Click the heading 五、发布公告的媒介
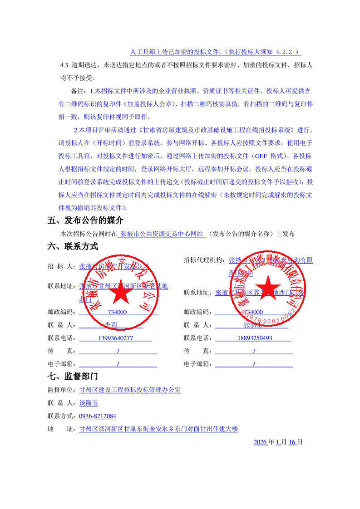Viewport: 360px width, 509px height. (x=85, y=221)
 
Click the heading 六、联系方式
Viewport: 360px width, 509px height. (x=73, y=247)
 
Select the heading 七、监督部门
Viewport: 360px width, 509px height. (x=73, y=377)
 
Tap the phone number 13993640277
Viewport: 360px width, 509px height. (x=115, y=338)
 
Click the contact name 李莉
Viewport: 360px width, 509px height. (x=111, y=325)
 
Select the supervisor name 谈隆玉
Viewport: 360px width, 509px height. (x=89, y=403)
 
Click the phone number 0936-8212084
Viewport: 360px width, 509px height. (x=98, y=416)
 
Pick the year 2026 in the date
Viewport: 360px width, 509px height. (x=260, y=442)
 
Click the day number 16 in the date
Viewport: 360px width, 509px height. (x=292, y=442)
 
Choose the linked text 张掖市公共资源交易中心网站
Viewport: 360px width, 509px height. (x=162, y=234)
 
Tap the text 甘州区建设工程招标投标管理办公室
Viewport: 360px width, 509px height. (x=130, y=390)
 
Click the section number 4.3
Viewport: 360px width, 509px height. (x=64, y=65)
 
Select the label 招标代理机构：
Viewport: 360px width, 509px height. (x=204, y=260)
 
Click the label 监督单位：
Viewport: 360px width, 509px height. (x=62, y=390)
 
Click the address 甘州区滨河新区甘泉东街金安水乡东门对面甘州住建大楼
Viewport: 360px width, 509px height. (x=158, y=429)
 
